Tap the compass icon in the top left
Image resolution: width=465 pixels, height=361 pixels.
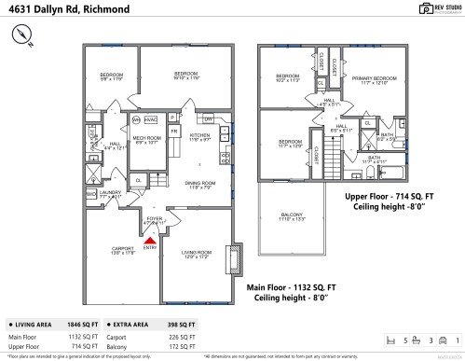tap(22, 35)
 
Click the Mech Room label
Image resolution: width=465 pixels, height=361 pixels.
tap(148, 141)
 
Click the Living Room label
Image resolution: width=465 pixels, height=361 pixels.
tap(196, 254)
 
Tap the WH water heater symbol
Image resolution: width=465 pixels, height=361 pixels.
tap(135, 120)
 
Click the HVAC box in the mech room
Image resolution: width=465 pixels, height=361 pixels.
tap(151, 120)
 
